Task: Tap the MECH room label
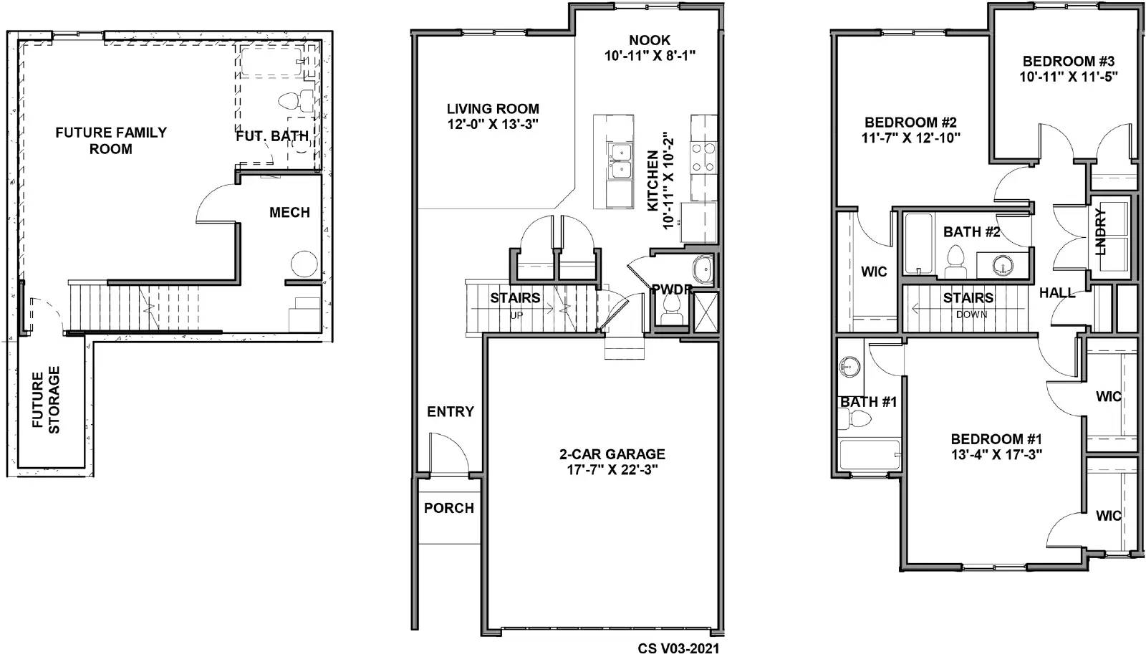(289, 213)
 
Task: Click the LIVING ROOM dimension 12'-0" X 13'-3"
(493, 124)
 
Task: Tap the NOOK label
(650, 40)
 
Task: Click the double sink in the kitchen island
(620, 162)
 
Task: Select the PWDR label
(671, 289)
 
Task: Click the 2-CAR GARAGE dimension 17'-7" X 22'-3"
(612, 470)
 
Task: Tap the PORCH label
(449, 508)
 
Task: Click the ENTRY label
(451, 412)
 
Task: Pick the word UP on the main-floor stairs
(516, 315)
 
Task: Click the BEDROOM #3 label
(1069, 62)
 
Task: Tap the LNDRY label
(1101, 231)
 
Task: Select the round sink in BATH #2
(1003, 265)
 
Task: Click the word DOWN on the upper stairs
(971, 315)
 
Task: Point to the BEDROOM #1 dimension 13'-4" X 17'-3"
(996, 454)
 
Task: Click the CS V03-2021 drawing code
(678, 648)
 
